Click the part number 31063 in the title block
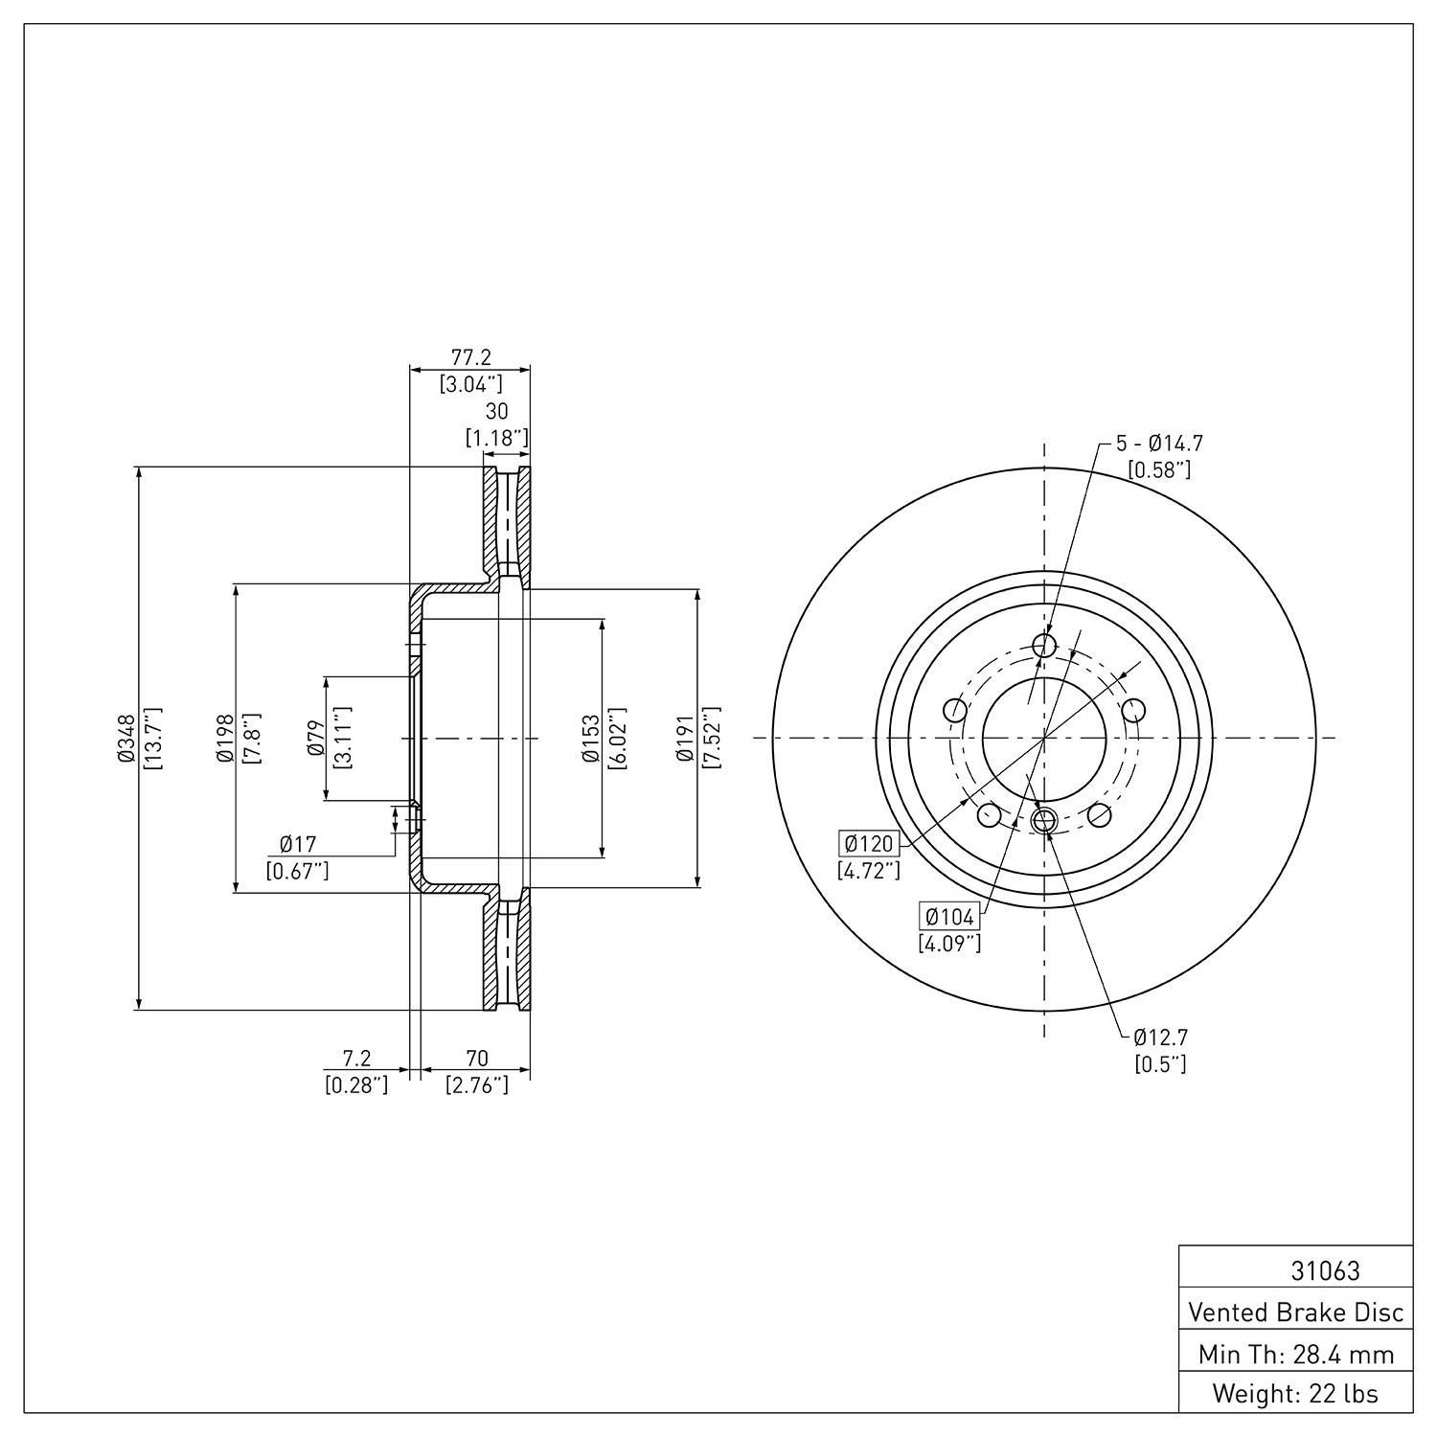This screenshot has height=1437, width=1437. pos(1325,1270)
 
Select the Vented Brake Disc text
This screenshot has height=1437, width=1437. pos(1296,1312)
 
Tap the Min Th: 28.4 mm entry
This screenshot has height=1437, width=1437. pos(1296,1354)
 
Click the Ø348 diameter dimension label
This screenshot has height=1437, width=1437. pos(125,739)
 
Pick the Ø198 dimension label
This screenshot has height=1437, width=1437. pos(225,739)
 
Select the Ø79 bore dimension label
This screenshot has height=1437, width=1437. pos(314,739)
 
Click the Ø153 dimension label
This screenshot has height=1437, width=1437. pos(589,739)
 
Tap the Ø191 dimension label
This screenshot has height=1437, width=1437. pos(684,739)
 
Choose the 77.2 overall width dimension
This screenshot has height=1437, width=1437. pos(470,357)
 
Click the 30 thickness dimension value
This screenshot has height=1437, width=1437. pos(496,412)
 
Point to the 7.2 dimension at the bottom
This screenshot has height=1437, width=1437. pos(356,1059)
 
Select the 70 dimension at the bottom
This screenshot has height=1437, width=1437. pos(476,1059)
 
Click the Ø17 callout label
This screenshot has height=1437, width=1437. pos(298,844)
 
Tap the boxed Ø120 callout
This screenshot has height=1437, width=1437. pos(869,844)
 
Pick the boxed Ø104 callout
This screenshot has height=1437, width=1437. pos(949,917)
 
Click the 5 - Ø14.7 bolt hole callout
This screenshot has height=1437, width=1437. pos(1159,444)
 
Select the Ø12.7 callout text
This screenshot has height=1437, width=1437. pos(1160,1037)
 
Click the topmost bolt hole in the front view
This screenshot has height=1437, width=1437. pos(1044,645)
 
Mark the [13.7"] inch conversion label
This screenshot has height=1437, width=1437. pos(153,739)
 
